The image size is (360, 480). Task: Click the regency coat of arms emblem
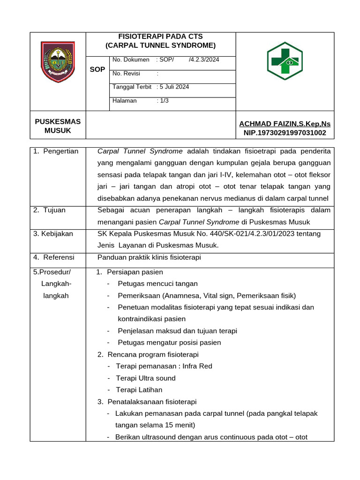[58, 62]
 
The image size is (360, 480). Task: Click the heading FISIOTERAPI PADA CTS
[160, 37]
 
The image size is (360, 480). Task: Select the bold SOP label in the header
[97, 69]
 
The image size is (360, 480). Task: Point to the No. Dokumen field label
[131, 60]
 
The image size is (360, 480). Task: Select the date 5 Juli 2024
[174, 87]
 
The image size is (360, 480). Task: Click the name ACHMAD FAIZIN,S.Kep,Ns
[285, 124]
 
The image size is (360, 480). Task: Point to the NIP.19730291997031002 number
[285, 133]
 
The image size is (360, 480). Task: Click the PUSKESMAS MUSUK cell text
[58, 126]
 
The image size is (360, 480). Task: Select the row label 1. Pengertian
[56, 151]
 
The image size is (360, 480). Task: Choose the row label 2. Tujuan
[49, 210]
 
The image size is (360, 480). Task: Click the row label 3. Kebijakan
[53, 233]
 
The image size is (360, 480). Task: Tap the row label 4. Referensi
[53, 257]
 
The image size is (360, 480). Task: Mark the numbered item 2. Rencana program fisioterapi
[148, 354]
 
